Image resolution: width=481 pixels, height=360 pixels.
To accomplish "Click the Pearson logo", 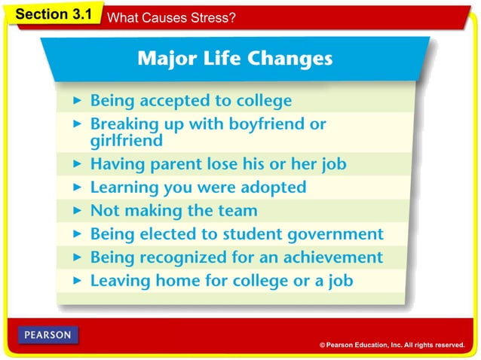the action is pyautogui.click(x=47, y=335).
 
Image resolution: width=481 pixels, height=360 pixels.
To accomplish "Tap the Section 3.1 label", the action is pyautogui.click(x=54, y=14).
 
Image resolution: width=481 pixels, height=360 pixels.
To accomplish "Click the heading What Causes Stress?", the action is pyautogui.click(x=171, y=17).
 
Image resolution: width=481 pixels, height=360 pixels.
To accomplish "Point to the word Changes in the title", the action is pyautogui.click(x=290, y=59).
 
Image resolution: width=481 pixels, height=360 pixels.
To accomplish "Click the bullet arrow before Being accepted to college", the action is pyautogui.click(x=77, y=100).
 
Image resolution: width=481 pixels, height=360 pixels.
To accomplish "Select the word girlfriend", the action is pyautogui.click(x=127, y=141).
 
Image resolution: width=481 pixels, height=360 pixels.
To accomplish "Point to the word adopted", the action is pyautogui.click(x=274, y=188).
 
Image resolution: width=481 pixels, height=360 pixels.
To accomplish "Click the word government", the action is pyautogui.click(x=335, y=235).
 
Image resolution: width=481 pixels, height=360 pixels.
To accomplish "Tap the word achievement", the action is pyautogui.click(x=333, y=257).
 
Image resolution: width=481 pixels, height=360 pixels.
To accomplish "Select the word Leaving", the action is pyautogui.click(x=121, y=281).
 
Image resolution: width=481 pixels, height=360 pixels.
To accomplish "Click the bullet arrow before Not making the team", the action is pyautogui.click(x=77, y=210).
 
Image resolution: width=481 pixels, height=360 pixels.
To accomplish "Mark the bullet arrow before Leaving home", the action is pyautogui.click(x=77, y=280).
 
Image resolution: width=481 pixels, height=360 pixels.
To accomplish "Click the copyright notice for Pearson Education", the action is pyautogui.click(x=392, y=345).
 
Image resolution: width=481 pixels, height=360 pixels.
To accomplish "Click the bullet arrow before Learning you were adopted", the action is pyautogui.click(x=77, y=188).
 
